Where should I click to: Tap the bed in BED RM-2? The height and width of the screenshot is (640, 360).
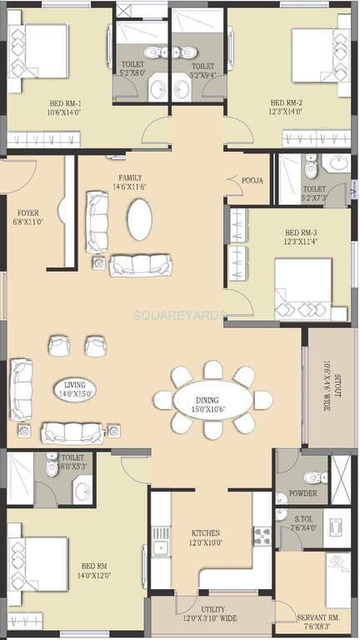click(x=317, y=56)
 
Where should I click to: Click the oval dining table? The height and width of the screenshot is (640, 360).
click(x=212, y=401)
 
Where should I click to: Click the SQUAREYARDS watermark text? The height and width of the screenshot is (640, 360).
click(x=179, y=315)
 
